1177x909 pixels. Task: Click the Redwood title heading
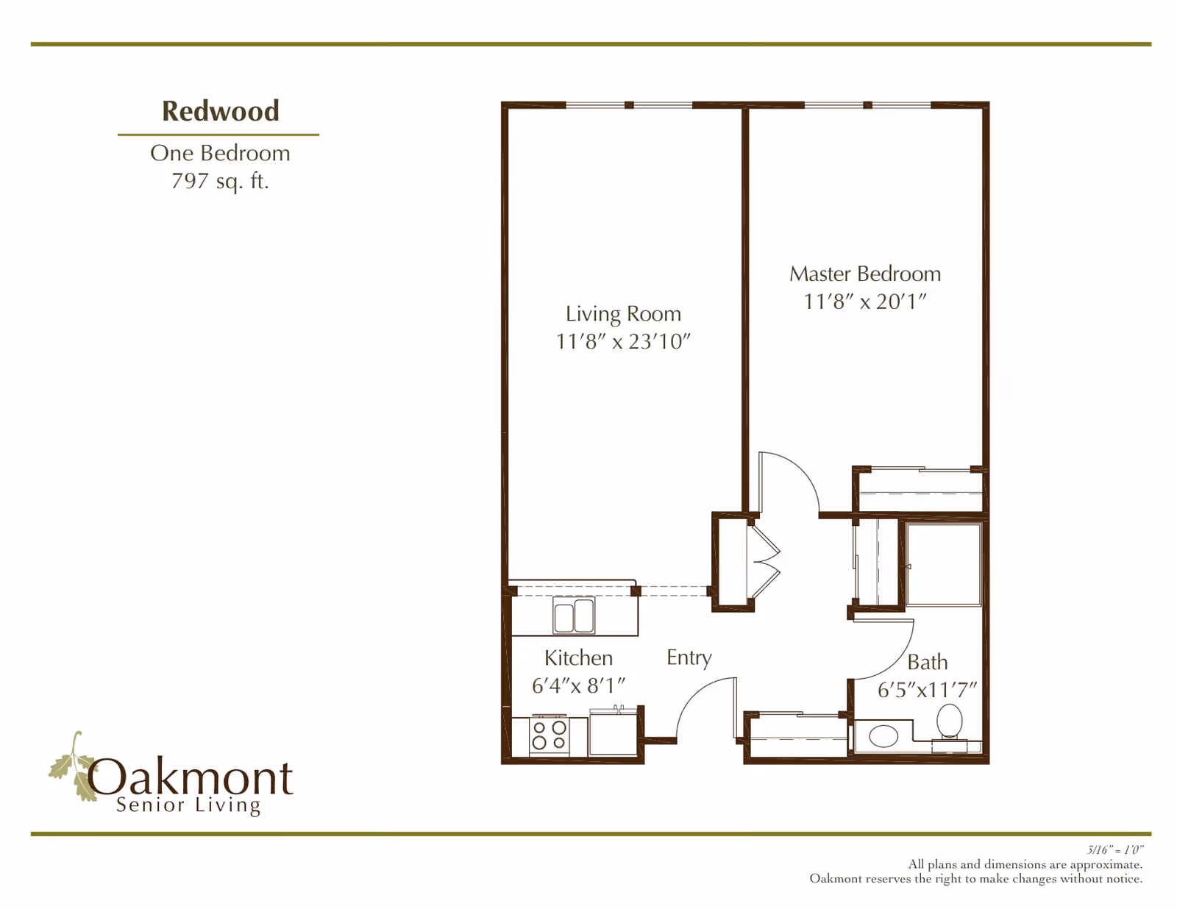point(221,111)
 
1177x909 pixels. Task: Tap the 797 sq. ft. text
point(220,182)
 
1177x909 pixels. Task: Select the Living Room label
point(623,315)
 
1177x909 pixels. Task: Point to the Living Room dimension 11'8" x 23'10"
point(623,342)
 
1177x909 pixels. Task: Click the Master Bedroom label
point(865,274)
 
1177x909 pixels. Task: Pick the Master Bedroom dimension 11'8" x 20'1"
point(865,302)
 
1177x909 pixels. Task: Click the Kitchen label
point(578,657)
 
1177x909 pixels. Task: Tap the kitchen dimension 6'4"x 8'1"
point(578,686)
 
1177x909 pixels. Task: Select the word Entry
point(689,657)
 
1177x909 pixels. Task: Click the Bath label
point(928,662)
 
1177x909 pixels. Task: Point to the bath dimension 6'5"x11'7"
point(927,691)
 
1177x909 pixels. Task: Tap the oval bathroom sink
point(883,736)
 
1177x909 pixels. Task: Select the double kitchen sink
point(574,615)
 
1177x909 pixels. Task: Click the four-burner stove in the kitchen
point(549,735)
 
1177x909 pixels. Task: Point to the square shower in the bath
point(943,563)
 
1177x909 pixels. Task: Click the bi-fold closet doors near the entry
point(764,563)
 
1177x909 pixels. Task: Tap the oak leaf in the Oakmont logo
point(73,766)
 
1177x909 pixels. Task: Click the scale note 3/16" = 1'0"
point(1114,850)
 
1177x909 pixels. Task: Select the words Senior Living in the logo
point(188,805)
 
